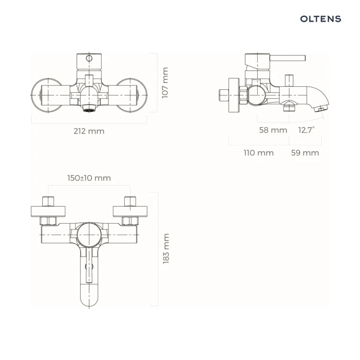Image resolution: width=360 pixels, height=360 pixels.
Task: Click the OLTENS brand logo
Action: tap(321, 19)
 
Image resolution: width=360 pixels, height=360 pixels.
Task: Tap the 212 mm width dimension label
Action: tap(89, 131)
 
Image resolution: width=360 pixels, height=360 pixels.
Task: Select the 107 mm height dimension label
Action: tap(165, 83)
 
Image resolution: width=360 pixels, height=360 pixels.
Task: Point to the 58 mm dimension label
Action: tap(273, 130)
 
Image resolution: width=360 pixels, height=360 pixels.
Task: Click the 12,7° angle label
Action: tap(306, 130)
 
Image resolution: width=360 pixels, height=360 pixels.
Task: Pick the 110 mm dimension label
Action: tap(259, 153)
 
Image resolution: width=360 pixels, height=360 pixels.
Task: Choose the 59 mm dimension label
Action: tap(305, 153)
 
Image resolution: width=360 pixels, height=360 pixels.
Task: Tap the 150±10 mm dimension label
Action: tap(89, 178)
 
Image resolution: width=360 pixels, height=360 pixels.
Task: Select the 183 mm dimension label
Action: tap(166, 249)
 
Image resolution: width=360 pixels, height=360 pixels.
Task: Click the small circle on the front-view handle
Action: tap(89, 58)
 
